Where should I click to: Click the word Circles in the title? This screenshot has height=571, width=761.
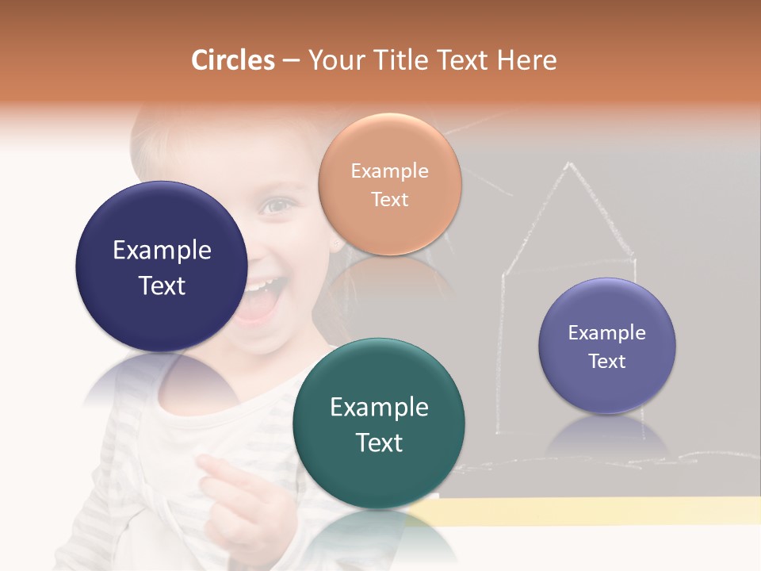[233, 60]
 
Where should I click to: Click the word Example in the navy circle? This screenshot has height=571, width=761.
[162, 251]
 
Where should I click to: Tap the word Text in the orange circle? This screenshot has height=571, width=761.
[389, 200]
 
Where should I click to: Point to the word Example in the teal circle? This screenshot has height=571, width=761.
[379, 408]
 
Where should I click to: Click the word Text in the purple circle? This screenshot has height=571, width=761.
[607, 362]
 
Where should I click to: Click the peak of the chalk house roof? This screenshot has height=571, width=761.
[568, 165]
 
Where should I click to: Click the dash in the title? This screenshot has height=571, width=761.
[291, 61]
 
